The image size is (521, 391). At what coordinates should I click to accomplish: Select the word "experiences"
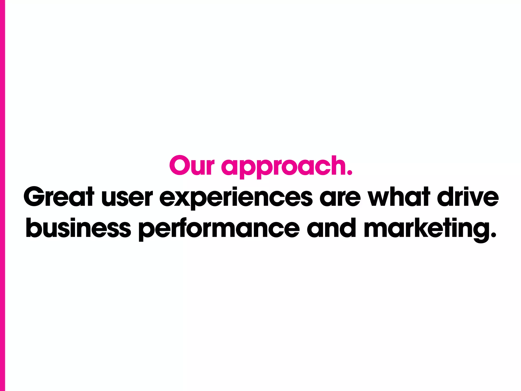(x=236, y=198)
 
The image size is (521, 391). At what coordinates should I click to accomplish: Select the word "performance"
(x=219, y=228)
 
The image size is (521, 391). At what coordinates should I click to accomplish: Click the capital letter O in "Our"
(x=180, y=166)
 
